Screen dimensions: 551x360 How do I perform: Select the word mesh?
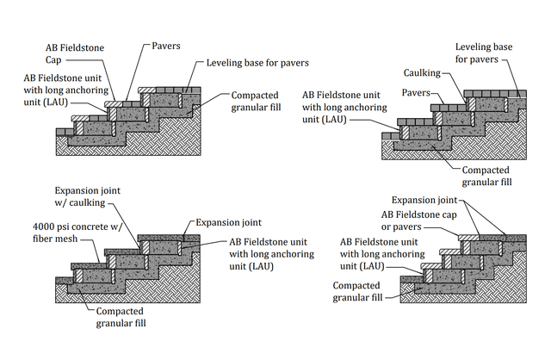[67, 239]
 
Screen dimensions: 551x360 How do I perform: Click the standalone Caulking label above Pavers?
[422, 72]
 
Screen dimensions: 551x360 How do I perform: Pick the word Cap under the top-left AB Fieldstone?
[53, 59]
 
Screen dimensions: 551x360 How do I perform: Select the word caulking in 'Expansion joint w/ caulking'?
[87, 203]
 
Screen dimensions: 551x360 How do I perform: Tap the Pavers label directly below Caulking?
[416, 93]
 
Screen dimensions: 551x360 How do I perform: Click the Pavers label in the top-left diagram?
[166, 46]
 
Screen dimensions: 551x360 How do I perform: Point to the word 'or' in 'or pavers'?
[385, 227]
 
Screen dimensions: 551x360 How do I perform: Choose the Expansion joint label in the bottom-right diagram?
[424, 200]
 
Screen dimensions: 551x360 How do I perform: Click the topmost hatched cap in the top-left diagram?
[147, 90]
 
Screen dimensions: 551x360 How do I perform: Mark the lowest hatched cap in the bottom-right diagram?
[430, 266]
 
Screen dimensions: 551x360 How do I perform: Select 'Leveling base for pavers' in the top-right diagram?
[484, 53]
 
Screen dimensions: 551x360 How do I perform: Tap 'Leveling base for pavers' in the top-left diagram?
[257, 63]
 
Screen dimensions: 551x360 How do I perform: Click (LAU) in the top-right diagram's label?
[335, 120]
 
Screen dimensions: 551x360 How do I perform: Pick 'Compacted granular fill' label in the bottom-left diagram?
[121, 317]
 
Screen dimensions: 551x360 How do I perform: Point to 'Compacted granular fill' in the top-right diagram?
[486, 176]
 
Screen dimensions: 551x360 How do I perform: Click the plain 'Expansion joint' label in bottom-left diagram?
[228, 222]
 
